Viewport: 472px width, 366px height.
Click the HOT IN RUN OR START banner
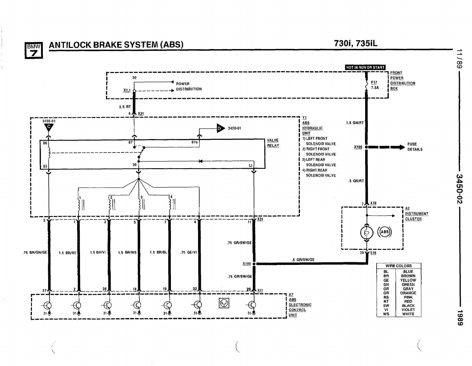tap(365, 67)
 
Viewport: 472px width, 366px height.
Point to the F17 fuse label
tap(374, 82)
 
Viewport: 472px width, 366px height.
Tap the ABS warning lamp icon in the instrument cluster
tap(385, 232)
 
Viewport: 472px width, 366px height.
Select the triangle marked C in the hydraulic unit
tap(49, 127)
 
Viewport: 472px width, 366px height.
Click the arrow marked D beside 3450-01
tap(220, 128)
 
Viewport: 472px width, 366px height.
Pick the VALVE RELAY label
tap(273, 143)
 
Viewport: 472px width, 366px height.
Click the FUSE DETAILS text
tap(415, 147)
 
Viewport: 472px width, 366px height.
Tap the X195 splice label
tap(246, 263)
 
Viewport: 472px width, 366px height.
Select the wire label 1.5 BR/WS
tap(127, 253)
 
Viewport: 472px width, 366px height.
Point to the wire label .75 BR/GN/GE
tap(35, 253)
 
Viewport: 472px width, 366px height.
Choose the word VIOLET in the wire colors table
tap(408, 310)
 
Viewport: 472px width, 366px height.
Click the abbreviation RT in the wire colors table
tap(386, 302)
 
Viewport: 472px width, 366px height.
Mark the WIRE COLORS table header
tap(398, 266)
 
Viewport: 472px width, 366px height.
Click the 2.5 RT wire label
tap(125, 107)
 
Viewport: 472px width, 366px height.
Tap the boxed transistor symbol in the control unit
tap(224, 303)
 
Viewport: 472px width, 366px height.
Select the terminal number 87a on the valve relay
tap(195, 142)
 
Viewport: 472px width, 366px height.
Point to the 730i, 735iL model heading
tap(355, 43)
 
